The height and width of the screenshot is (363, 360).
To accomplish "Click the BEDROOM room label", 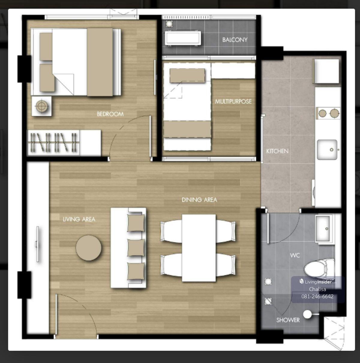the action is point(110,114).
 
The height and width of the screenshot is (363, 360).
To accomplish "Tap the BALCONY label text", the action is point(235,40).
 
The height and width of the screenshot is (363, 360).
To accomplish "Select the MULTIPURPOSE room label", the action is point(233,102).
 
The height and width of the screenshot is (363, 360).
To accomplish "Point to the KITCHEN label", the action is point(277,151).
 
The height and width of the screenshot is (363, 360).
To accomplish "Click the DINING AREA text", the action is point(199,200).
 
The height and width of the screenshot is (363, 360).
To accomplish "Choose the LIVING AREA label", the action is point(79,219).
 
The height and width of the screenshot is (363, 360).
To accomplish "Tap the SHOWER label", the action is point(288,320).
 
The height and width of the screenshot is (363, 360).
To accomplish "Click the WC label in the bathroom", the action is point(295,255).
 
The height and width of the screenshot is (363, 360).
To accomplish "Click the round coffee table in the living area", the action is point(88,248).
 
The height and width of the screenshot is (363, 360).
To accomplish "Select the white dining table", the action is point(199,248).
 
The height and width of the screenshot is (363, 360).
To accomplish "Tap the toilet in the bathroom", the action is point(319,269).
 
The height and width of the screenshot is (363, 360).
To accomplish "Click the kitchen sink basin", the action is point(327,150).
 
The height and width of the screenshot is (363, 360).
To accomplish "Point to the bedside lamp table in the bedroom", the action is point(41,106).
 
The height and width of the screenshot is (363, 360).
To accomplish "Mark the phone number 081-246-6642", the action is point(317,296).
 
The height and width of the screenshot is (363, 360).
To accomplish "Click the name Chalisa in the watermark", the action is point(318,289).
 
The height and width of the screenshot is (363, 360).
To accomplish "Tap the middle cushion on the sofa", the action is point(136,248).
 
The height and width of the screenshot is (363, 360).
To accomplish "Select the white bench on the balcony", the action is point(182,38).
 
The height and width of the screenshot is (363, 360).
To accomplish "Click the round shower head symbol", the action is point(307,314).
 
